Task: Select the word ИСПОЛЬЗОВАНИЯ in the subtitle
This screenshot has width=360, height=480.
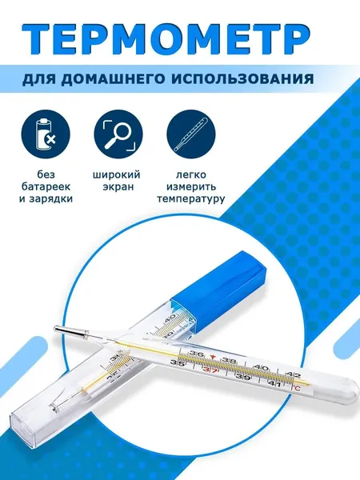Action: click(x=242, y=79)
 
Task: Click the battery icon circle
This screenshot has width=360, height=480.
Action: click(x=46, y=134)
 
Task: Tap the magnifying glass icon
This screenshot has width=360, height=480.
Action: click(x=118, y=134)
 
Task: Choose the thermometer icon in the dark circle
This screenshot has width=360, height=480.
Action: click(x=190, y=134)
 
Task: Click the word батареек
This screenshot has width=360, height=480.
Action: click(x=46, y=186)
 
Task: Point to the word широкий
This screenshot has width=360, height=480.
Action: click(x=116, y=174)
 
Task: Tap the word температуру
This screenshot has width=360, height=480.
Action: click(x=191, y=199)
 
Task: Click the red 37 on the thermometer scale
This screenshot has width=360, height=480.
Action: click(x=210, y=370)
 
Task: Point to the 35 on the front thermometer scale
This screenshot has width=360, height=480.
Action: click(x=177, y=363)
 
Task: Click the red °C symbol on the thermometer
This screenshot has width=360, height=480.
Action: click(x=296, y=388)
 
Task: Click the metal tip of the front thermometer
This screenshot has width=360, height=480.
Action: click(x=69, y=332)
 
